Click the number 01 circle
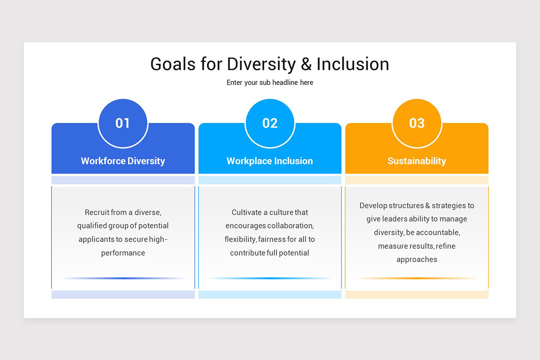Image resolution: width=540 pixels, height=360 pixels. (123, 123)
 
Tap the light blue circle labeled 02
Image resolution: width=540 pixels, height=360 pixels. (270, 123)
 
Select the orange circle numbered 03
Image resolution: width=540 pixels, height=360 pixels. (417, 123)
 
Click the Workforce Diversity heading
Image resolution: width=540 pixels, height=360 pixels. (123, 161)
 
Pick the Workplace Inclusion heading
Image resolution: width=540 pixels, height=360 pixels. (270, 161)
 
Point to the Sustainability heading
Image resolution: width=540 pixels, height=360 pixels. (417, 161)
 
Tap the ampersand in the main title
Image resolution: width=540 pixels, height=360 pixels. (306, 64)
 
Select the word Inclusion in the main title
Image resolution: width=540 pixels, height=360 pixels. (353, 64)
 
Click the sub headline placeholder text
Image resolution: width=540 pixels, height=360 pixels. (270, 83)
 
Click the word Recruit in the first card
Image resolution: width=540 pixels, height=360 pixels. (97, 212)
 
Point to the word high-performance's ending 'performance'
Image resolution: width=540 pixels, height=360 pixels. (123, 253)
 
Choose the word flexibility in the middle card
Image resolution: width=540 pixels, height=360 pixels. (240, 239)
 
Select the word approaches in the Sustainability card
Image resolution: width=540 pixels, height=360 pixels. (417, 260)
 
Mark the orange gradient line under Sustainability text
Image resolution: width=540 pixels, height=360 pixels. (417, 278)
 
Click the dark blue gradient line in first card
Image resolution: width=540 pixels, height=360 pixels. (123, 278)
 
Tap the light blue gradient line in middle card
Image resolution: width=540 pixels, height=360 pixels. (270, 278)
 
